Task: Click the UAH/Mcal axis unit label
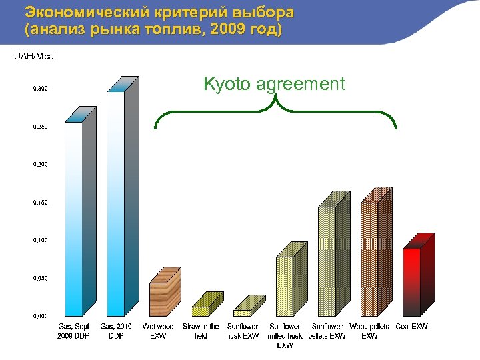[35, 56]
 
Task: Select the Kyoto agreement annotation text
[274, 84]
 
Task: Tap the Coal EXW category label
[411, 327]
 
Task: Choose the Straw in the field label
[201, 331]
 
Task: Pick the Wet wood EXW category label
[158, 331]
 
